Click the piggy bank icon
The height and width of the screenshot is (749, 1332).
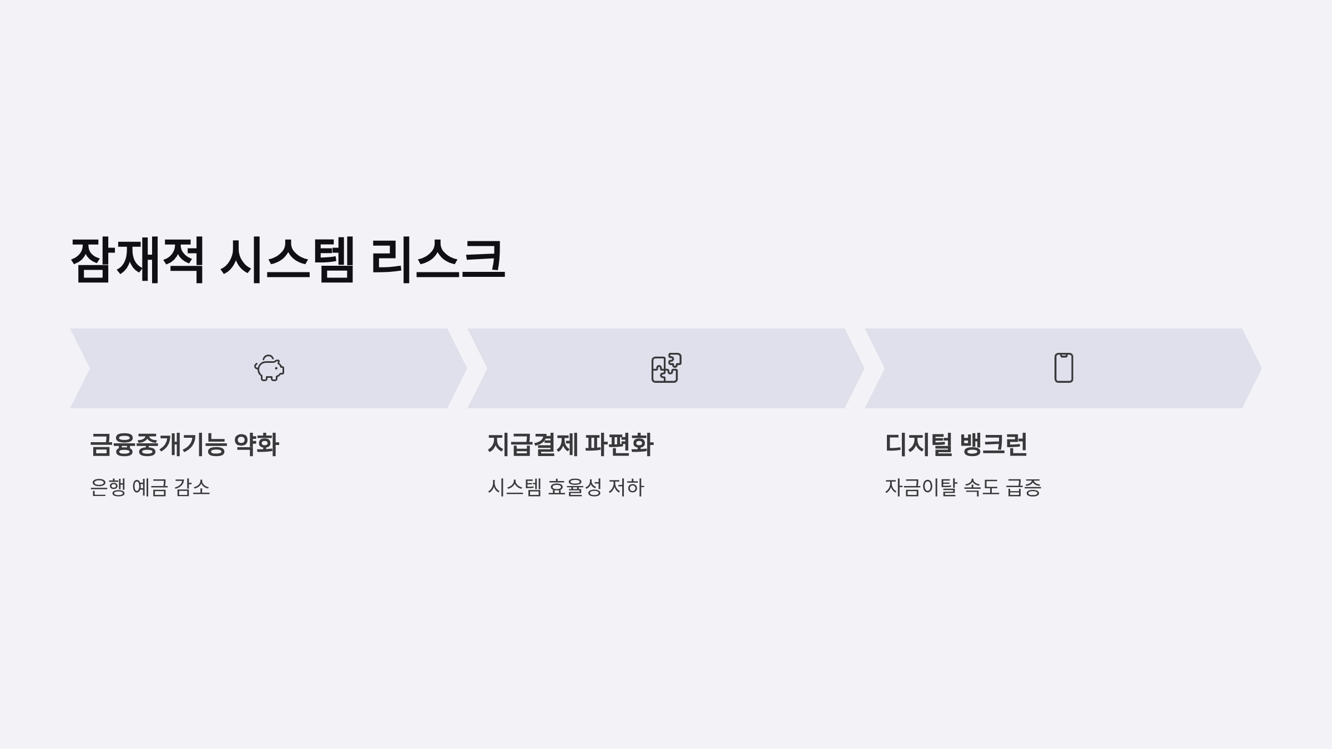269,368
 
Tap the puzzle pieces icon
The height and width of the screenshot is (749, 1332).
666,368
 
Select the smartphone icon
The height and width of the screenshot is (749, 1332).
1063,368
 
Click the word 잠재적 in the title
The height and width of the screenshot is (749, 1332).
137,260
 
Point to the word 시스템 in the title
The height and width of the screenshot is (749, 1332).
287,260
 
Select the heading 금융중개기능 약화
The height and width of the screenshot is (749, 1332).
184,444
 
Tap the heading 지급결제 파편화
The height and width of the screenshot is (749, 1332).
570,444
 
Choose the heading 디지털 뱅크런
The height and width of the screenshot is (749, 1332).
956,444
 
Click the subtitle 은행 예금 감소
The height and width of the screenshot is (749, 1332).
150,488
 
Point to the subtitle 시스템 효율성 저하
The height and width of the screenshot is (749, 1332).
566,488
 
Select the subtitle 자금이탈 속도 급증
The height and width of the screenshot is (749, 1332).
962,488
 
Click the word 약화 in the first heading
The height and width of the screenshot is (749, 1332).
256,444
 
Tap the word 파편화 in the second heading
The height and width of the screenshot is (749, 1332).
619,444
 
